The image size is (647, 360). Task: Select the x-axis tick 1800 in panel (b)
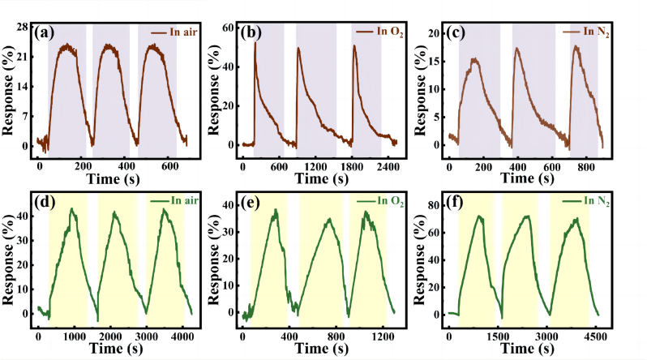tap(353, 166)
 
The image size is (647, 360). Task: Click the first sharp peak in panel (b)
tap(255, 43)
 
